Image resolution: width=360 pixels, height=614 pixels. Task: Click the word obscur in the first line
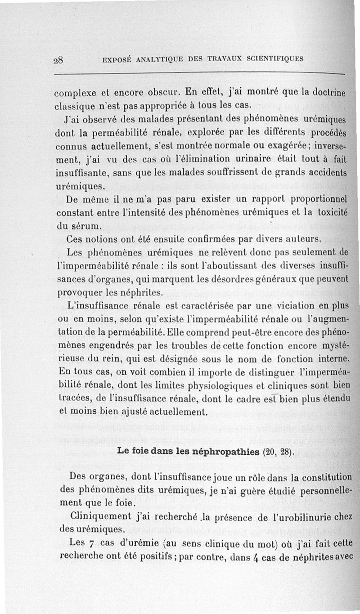(x=157, y=94)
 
